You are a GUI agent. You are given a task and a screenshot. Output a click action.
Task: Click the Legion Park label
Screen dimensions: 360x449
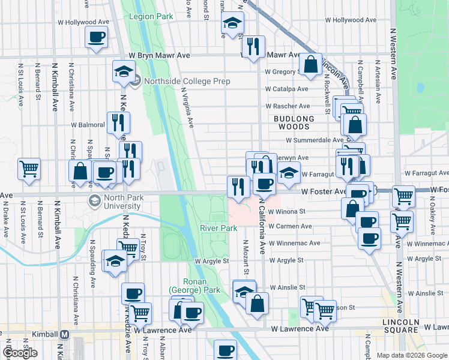point(151,16)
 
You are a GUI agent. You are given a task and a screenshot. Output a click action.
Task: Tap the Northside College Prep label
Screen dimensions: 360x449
point(182,82)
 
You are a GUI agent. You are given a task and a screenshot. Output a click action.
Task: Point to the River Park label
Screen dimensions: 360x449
point(218,228)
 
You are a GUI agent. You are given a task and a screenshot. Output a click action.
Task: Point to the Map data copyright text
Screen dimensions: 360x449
point(412,355)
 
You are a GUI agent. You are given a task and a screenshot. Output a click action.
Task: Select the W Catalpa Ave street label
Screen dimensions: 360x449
point(288,89)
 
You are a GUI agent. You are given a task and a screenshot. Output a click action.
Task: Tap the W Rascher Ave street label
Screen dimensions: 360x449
point(288,106)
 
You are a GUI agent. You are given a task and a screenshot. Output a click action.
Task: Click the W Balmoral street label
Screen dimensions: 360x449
point(88,125)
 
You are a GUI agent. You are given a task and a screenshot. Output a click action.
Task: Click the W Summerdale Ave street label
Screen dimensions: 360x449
point(315,140)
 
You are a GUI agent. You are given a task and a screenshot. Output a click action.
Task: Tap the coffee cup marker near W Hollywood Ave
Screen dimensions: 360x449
point(96,38)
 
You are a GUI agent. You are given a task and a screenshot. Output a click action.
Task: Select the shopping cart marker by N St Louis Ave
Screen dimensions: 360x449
point(29,169)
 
